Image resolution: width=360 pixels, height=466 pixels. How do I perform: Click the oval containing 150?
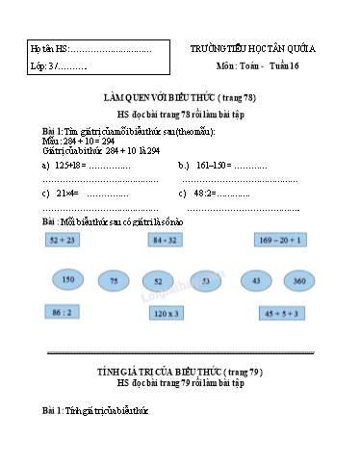[67, 280]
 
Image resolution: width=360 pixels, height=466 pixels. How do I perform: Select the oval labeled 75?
[114, 281]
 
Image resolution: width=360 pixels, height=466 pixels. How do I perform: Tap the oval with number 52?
[159, 281]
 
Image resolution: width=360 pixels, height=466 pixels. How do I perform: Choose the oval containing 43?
[256, 280]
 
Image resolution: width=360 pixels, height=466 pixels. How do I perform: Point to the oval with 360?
[298, 280]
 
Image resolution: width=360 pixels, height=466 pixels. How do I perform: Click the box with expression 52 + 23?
[68, 241]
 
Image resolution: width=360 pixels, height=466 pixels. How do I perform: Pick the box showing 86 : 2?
[64, 313]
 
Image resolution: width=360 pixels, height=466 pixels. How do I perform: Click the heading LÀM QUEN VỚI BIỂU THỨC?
[180, 98]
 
